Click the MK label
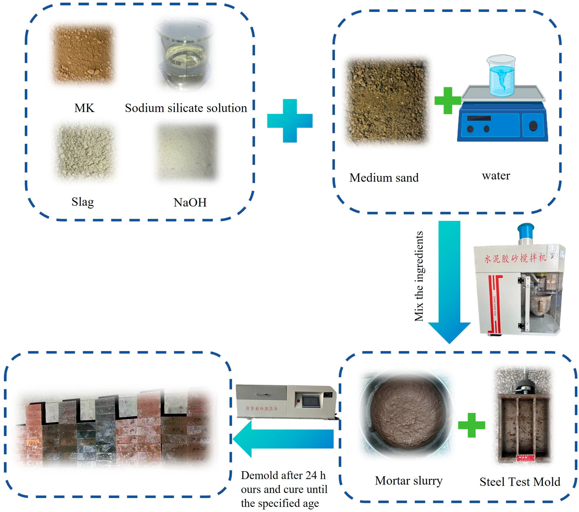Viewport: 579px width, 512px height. point(84,108)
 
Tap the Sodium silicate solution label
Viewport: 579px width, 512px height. point(186,108)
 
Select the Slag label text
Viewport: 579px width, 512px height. point(82,202)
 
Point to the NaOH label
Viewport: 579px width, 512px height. point(190,202)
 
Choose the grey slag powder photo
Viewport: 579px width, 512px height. point(85,152)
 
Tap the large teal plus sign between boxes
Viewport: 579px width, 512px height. point(290,121)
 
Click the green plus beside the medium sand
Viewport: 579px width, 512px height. point(448,101)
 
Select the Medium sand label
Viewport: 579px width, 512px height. point(384,178)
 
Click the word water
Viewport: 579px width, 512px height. point(496,176)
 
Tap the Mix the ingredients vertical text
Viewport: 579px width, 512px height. point(419,276)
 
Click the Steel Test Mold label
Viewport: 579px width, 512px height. point(520,482)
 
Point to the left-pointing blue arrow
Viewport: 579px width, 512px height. point(283,439)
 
